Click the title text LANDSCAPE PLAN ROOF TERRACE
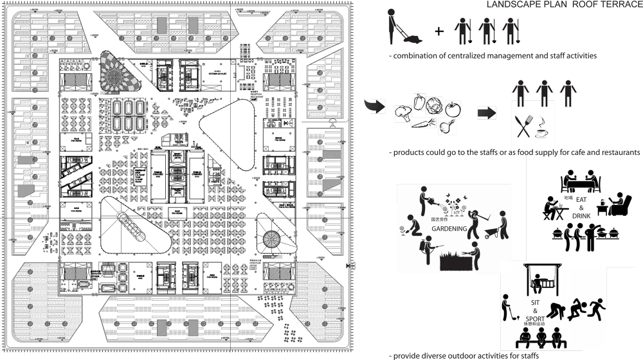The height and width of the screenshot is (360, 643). tap(565, 5)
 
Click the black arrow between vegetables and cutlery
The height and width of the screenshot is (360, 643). tap(487, 113)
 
